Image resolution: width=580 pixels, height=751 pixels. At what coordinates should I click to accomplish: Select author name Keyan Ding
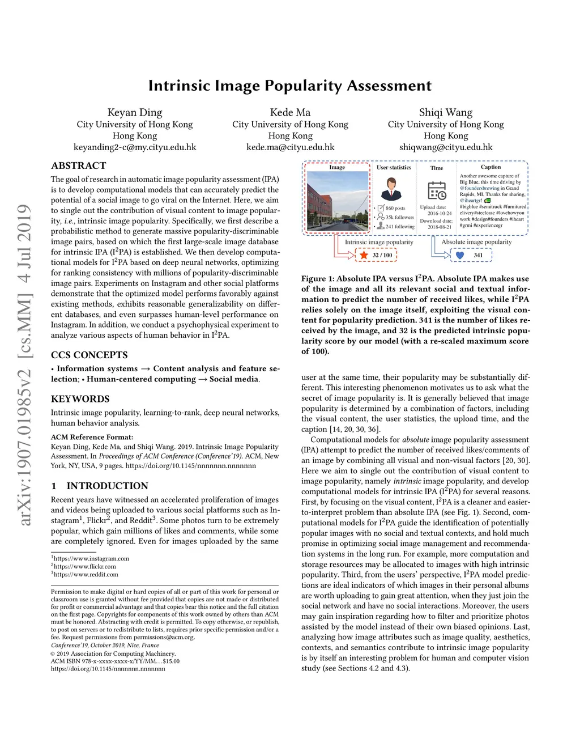[x=135, y=112]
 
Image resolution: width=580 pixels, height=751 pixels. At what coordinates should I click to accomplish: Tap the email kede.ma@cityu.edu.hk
[x=290, y=147]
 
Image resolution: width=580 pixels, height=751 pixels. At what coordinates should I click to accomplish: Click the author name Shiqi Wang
[x=446, y=112]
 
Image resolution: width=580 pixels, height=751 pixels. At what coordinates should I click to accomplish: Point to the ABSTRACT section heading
[x=78, y=166]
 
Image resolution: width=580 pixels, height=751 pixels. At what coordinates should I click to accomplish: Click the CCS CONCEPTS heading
[x=89, y=355]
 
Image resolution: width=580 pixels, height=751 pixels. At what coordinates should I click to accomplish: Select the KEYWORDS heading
[x=80, y=399]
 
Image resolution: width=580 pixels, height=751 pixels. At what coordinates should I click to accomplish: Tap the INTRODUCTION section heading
[x=107, y=486]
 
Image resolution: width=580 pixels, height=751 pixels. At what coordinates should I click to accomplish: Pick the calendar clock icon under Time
[x=437, y=190]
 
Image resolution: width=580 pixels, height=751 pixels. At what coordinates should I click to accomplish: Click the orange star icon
[x=364, y=255]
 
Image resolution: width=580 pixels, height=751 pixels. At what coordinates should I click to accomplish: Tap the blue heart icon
[x=460, y=255]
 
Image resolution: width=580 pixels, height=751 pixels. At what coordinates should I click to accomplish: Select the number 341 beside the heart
[x=478, y=255]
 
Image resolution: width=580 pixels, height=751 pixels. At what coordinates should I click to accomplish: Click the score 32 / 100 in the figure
[x=382, y=255]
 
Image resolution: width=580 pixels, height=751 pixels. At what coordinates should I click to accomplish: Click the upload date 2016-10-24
[x=440, y=214]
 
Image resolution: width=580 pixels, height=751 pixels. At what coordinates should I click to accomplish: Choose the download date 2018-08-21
[x=440, y=227]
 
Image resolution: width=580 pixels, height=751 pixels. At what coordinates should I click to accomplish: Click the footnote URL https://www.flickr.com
[x=84, y=566]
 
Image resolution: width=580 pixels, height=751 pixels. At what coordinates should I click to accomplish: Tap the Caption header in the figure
[x=491, y=167]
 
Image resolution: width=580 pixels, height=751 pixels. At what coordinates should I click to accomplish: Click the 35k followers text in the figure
[x=399, y=217]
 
